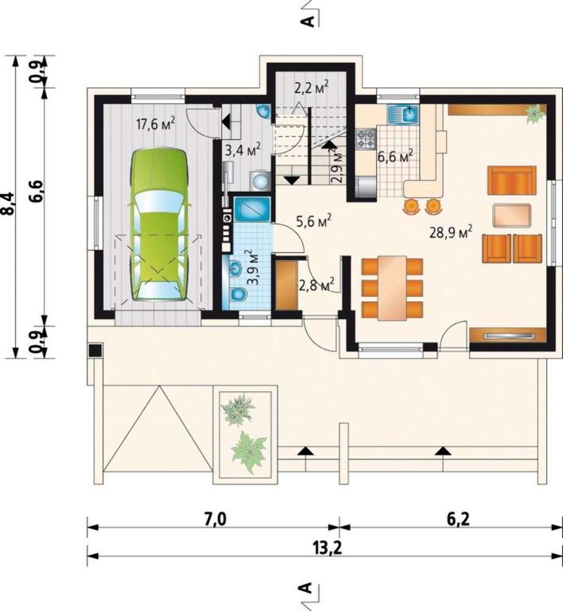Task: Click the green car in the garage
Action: (x=158, y=225)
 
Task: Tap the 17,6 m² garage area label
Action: (x=156, y=124)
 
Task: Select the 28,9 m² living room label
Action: (x=451, y=232)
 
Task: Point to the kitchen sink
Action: (x=403, y=114)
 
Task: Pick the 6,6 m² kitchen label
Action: (x=395, y=157)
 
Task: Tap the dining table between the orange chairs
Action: (x=393, y=288)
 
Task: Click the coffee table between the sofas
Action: (x=512, y=215)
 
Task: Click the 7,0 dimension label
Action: (x=216, y=519)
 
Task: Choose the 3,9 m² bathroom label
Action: (x=253, y=268)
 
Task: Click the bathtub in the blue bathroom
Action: (x=252, y=210)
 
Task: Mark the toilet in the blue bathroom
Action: (x=237, y=294)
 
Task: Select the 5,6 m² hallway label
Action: (x=314, y=221)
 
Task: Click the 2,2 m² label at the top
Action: (x=311, y=87)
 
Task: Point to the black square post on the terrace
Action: (x=95, y=350)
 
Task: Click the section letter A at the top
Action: (x=308, y=21)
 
